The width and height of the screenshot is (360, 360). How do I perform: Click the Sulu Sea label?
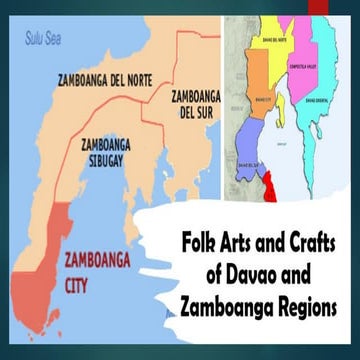tap(44, 41)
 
